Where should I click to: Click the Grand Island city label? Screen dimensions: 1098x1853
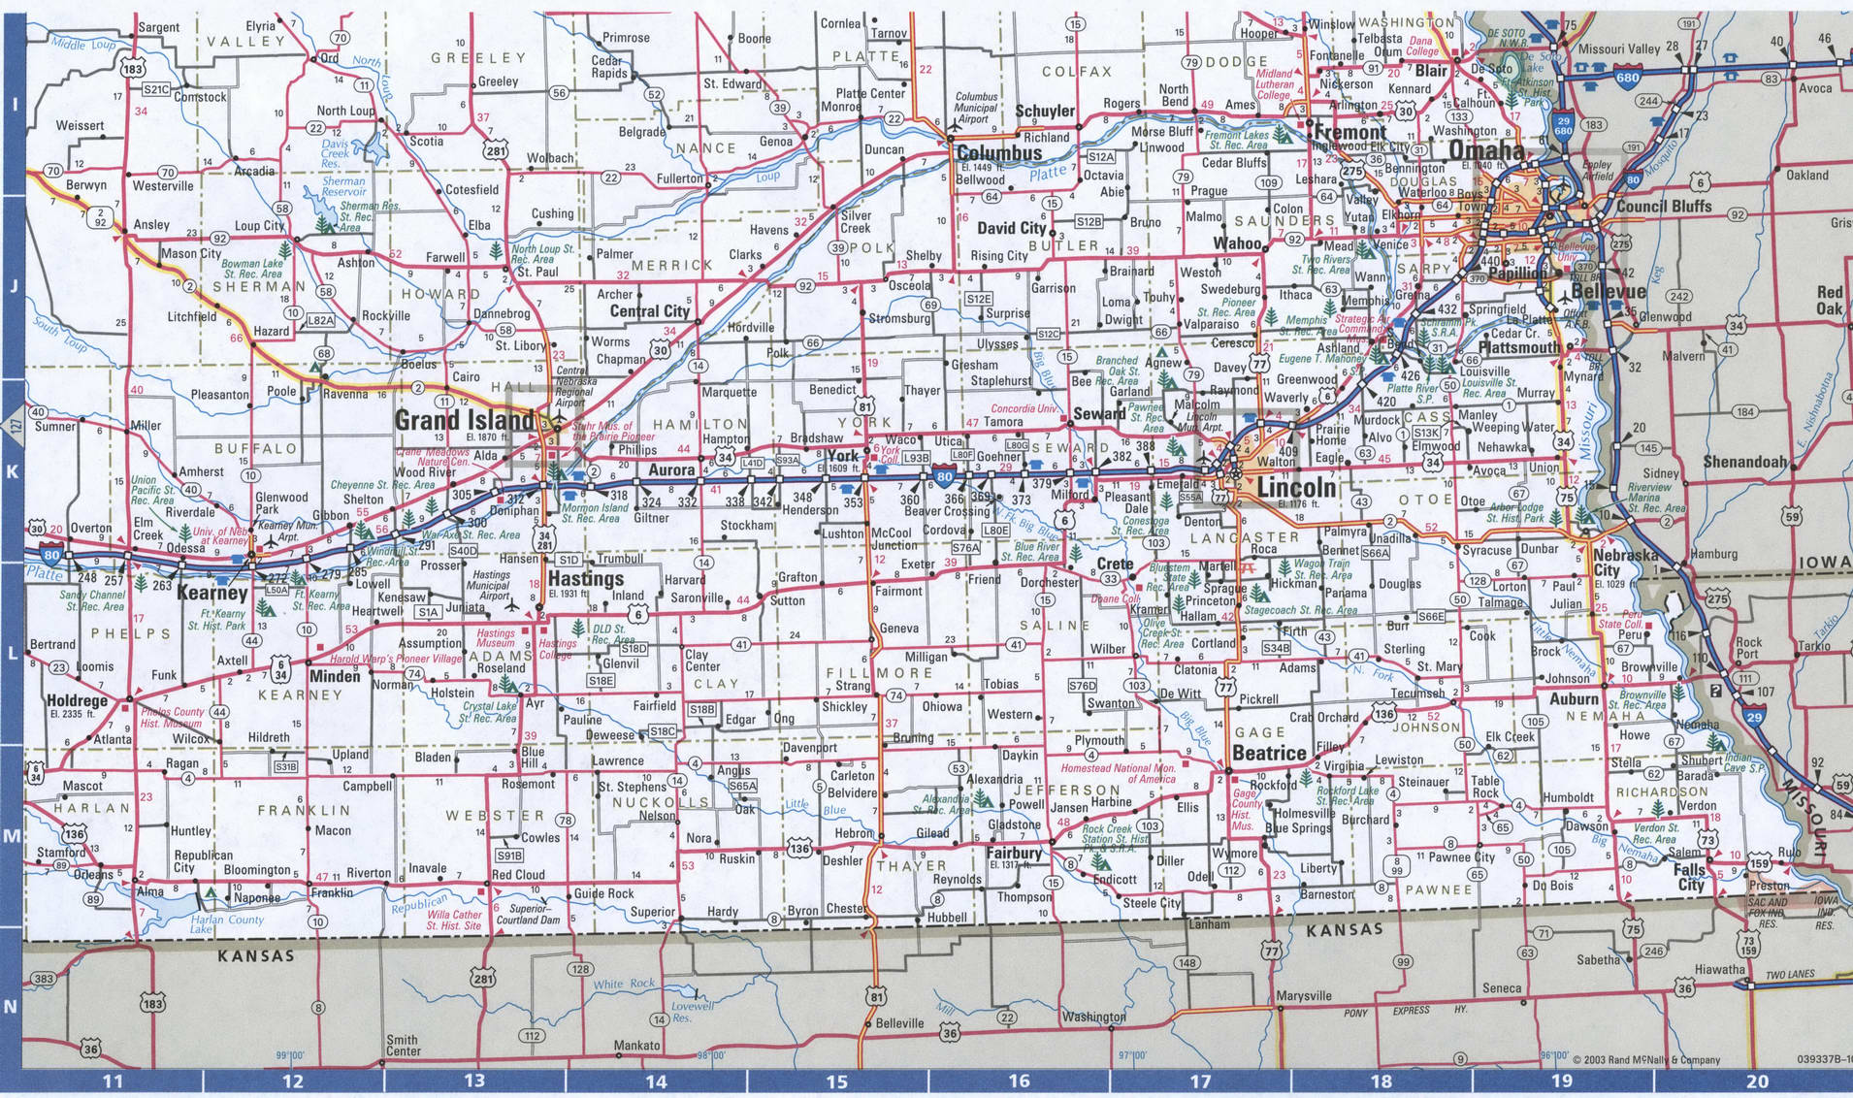click(x=464, y=420)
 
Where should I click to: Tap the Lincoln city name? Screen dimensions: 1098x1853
click(x=1296, y=488)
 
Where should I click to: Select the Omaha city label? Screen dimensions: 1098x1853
click(x=1486, y=150)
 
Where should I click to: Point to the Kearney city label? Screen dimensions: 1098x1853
click(x=212, y=593)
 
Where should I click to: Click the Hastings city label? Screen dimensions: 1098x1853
click(x=586, y=578)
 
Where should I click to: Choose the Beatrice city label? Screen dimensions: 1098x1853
click(x=1269, y=754)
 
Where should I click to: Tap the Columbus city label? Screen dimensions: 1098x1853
click(x=999, y=153)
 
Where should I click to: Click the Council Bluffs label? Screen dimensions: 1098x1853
click(x=1664, y=207)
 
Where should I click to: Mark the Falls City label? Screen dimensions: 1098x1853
click(x=1690, y=877)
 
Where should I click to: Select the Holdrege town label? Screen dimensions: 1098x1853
click(x=77, y=700)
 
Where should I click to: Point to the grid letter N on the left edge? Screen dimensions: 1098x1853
click(x=11, y=1007)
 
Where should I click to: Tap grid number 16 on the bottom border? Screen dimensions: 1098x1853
click(x=1019, y=1082)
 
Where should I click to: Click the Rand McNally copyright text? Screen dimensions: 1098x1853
click(x=1645, y=1060)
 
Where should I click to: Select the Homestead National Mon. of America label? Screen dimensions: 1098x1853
click(x=1118, y=773)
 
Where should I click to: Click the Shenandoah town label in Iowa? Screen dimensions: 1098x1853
click(x=1745, y=462)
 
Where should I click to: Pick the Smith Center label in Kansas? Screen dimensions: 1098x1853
click(x=403, y=1045)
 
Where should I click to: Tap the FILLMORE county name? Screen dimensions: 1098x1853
click(x=879, y=672)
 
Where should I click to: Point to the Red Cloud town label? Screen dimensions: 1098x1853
click(x=518, y=874)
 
